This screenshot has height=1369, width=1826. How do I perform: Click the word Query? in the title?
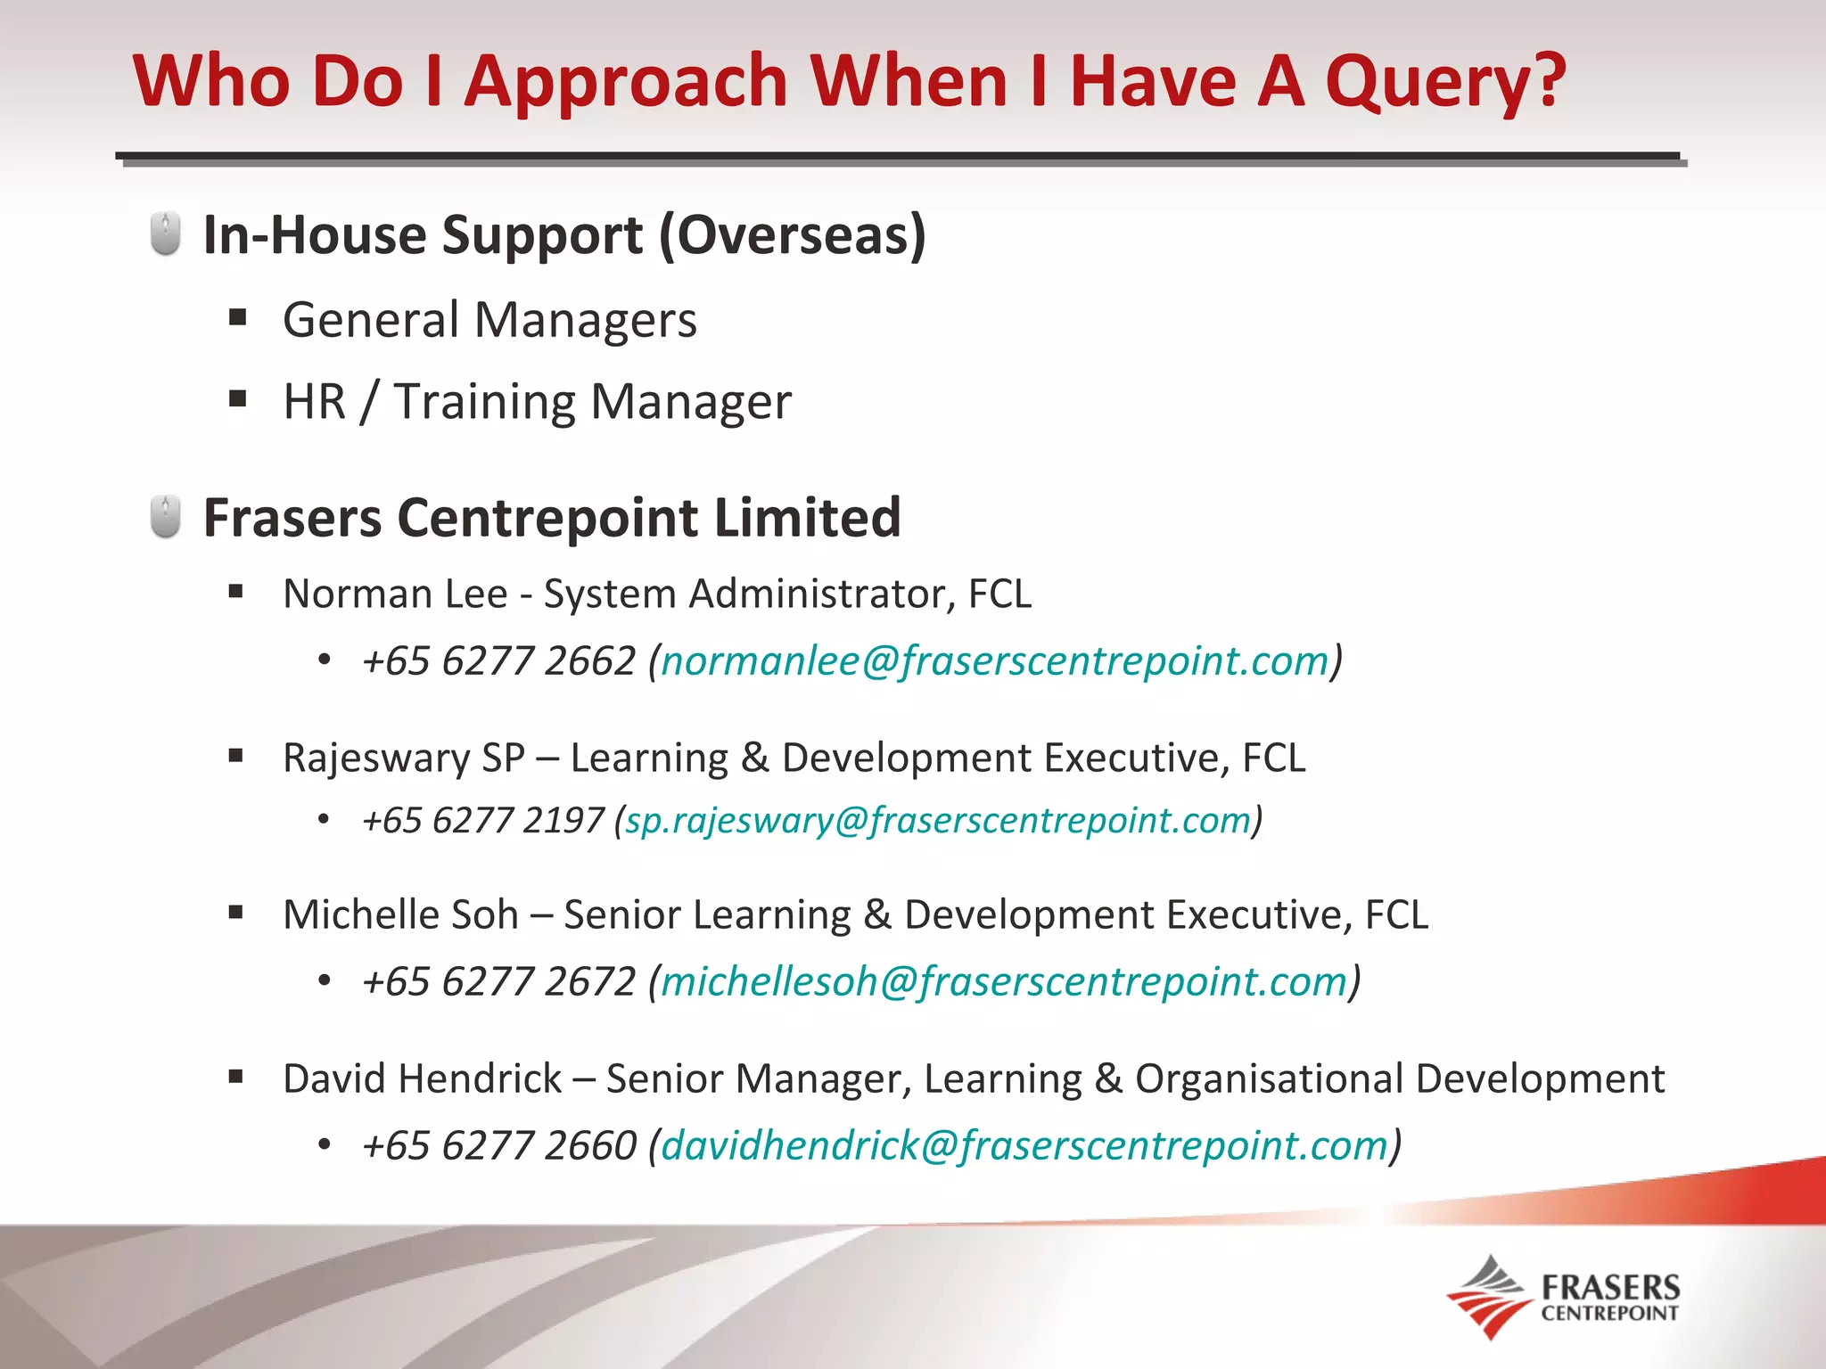[x=1445, y=82]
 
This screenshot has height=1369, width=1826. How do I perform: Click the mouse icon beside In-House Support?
[x=166, y=234]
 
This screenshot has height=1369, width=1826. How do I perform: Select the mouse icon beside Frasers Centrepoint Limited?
[x=166, y=517]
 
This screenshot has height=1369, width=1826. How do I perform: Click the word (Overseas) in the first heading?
[x=793, y=235]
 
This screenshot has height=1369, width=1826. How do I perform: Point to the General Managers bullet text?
[x=489, y=320]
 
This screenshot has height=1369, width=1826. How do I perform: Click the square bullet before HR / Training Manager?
[x=237, y=398]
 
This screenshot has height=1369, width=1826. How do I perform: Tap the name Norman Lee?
[x=395, y=594]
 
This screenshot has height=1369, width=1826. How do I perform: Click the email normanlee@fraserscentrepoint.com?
[x=995, y=661]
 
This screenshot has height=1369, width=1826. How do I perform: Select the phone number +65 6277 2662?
[x=498, y=661]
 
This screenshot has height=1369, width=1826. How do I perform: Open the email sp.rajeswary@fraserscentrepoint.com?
[x=938, y=820]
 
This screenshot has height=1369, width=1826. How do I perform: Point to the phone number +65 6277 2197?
[x=483, y=820]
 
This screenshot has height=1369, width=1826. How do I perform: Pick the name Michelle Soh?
[x=400, y=914]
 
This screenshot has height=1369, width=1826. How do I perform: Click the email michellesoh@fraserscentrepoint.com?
[x=1004, y=981]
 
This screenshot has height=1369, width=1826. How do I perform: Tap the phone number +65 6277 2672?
[x=498, y=981]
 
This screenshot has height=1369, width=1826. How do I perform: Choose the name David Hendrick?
[x=422, y=1078]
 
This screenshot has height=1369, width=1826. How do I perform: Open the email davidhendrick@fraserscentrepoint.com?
[x=1024, y=1145]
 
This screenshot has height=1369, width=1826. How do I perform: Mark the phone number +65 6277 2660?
[x=498, y=1145]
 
